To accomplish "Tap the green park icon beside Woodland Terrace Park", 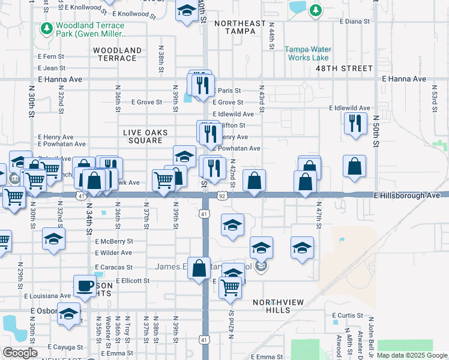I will [46, 28].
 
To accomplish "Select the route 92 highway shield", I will [222, 196].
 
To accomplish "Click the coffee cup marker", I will [85, 284].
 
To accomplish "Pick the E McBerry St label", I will [113, 241].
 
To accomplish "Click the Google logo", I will [20, 353].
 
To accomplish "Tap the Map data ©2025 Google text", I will [412, 355].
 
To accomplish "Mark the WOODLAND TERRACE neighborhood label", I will [118, 54].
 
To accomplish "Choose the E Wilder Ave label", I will [113, 253].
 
